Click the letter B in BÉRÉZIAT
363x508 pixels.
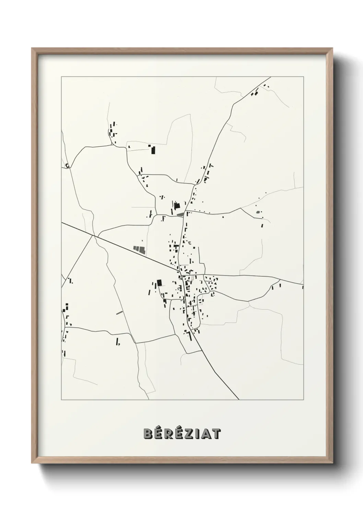pyautogui.click(x=148, y=434)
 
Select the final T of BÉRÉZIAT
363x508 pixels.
pyautogui.click(x=216, y=434)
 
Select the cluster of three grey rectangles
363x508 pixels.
pyautogui.click(x=139, y=249)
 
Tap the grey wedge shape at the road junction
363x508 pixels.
pyautogui.click(x=180, y=215)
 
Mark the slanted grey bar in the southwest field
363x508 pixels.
pyautogui.click(x=119, y=312)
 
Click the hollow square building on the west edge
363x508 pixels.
pyautogui.click(x=67, y=165)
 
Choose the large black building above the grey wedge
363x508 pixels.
pyautogui.click(x=177, y=206)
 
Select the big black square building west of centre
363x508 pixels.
pyautogui.click(x=159, y=282)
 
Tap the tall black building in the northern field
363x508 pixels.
pyautogui.click(x=153, y=150)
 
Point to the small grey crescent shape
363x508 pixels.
pyautogui.click(x=188, y=243)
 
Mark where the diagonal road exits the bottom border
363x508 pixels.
pyautogui.click(x=239, y=400)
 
